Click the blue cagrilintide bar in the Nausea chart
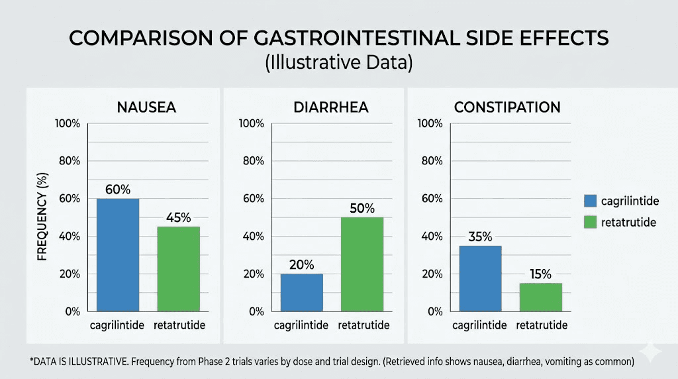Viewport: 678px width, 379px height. [x=118, y=254]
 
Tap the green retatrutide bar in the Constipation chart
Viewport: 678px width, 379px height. [x=540, y=297]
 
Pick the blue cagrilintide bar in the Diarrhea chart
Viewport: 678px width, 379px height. [x=301, y=292]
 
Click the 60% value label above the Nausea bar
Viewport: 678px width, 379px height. [x=118, y=189]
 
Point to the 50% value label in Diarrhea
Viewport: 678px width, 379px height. [x=362, y=208]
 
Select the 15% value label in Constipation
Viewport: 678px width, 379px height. [x=540, y=274]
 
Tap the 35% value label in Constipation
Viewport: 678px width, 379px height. [x=480, y=237]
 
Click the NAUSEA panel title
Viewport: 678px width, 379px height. [x=146, y=107]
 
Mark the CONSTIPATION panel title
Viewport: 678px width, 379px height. [x=507, y=107]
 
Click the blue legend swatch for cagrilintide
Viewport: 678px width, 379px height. [x=591, y=201]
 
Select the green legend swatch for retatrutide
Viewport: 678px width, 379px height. [x=591, y=222]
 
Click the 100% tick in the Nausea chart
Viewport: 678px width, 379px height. [x=68, y=124]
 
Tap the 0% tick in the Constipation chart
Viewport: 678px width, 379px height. [x=434, y=311]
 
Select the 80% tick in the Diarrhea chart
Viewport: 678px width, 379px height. [x=252, y=161]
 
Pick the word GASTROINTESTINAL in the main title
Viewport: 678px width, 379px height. [x=337, y=38]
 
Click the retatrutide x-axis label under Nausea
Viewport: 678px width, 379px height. [x=179, y=325]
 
